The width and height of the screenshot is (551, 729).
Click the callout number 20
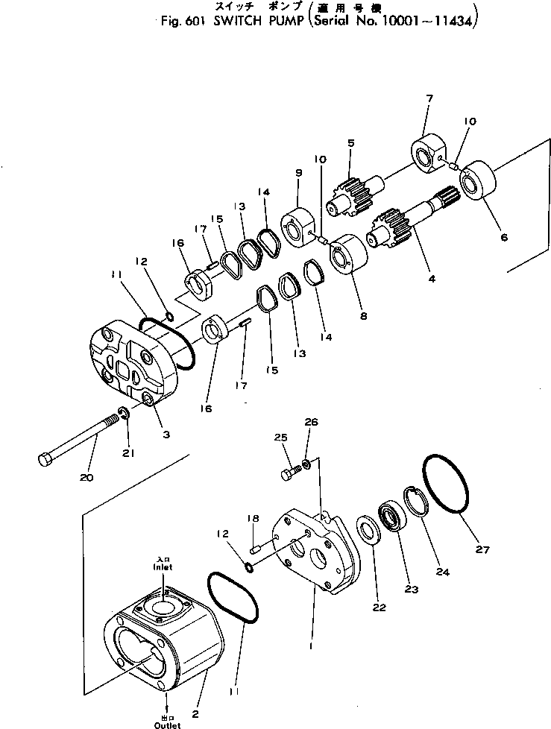tap(86, 477)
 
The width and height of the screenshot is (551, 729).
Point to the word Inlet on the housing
tap(163, 567)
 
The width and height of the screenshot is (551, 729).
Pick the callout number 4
tap(430, 280)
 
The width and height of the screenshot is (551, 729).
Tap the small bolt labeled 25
tap(291, 472)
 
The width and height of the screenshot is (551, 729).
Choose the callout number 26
tap(312, 423)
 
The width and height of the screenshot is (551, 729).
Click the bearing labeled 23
tap(392, 517)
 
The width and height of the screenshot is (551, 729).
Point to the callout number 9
tap(297, 173)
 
